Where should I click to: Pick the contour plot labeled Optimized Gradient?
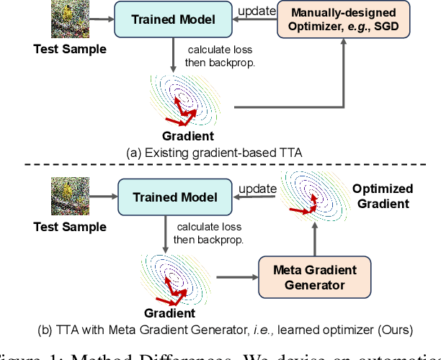(x=311, y=196)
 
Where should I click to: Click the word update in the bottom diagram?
(x=257, y=188)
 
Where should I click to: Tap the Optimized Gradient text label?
(x=383, y=196)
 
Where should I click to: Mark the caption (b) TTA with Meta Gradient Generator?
(x=224, y=330)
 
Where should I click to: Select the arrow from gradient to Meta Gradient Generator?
(x=237, y=276)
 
